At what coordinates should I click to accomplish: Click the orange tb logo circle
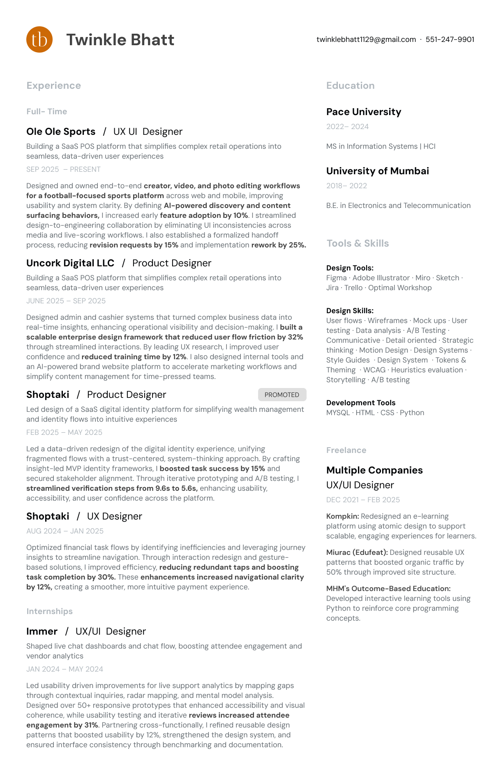(x=39, y=39)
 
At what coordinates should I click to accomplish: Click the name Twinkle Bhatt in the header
(x=120, y=40)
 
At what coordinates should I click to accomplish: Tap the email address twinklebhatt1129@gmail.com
(x=366, y=39)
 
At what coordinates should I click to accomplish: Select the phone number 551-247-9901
(x=450, y=39)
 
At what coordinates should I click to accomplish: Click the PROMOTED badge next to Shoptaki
(x=282, y=395)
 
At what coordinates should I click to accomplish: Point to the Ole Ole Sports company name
(x=61, y=132)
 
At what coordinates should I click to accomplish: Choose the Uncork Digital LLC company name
(x=70, y=263)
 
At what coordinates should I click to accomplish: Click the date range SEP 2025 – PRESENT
(x=63, y=169)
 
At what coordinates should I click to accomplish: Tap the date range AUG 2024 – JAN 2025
(x=65, y=531)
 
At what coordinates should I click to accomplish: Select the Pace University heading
(x=364, y=112)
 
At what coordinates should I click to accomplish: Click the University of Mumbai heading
(x=378, y=171)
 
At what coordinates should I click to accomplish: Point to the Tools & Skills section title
(x=358, y=243)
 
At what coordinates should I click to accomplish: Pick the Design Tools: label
(x=350, y=268)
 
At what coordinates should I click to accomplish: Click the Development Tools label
(x=361, y=403)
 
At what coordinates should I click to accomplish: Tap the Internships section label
(x=49, y=611)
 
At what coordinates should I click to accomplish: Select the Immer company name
(x=42, y=631)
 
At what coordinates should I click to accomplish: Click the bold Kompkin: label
(x=343, y=516)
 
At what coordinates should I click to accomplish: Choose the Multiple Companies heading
(x=374, y=470)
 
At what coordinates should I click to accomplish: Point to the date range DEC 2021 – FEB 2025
(x=363, y=500)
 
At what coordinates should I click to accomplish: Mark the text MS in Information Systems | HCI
(x=381, y=146)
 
